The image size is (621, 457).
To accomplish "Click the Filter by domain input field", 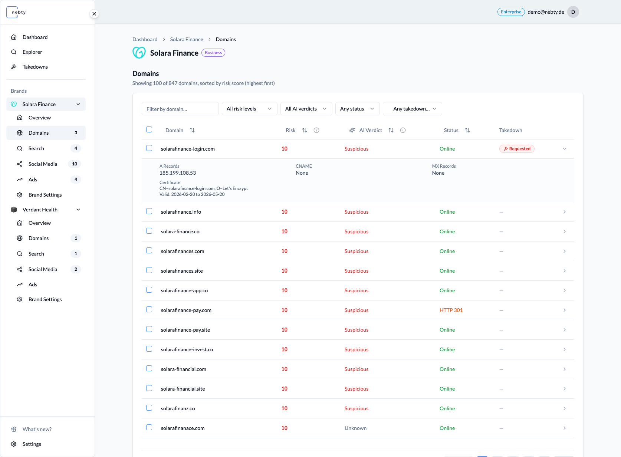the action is (180, 109).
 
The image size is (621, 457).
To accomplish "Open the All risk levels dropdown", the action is (249, 109).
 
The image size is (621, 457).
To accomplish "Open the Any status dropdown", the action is (357, 109).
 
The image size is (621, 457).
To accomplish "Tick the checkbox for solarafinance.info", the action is (149, 211).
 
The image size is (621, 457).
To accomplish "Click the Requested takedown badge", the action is (517, 149).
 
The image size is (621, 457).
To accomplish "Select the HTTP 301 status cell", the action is (451, 310).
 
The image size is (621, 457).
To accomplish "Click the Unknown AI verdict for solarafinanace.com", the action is (355, 428).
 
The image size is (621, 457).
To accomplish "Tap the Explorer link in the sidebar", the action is (32, 52).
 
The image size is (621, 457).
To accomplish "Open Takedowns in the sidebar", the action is (35, 67).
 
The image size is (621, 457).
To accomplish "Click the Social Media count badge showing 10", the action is (75, 164).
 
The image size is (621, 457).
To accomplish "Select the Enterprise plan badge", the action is (511, 12).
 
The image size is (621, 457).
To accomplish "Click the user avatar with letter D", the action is (573, 12).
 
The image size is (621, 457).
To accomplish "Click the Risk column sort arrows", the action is (305, 130).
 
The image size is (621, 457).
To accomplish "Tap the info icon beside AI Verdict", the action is (403, 130).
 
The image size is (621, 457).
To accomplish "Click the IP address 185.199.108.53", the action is (178, 173).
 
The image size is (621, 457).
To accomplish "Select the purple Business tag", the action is (213, 53).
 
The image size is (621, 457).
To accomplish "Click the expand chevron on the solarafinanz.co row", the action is (565, 408).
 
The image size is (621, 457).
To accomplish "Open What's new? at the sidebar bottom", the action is (37, 429).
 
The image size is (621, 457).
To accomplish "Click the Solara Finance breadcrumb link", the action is (187, 39).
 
